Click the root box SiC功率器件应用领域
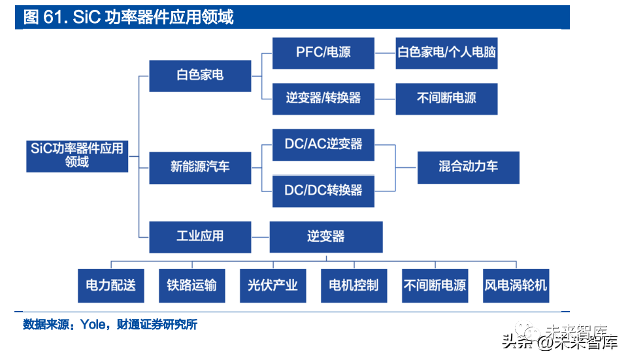(77, 155)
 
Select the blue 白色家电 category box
(200, 75)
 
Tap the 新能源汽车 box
(200, 167)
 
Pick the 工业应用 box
(200, 237)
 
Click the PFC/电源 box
(323, 53)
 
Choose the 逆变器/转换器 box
(323, 99)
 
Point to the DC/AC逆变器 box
(323, 144)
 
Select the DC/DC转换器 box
(323, 190)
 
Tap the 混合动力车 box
(468, 167)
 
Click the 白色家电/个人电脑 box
(447, 53)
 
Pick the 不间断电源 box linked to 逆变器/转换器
(447, 99)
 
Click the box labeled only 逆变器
(325, 237)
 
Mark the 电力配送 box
(110, 286)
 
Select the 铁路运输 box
(191, 286)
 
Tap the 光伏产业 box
(273, 286)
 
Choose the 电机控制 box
(354, 286)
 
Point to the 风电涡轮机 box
(516, 286)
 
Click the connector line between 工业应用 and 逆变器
(260, 237)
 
